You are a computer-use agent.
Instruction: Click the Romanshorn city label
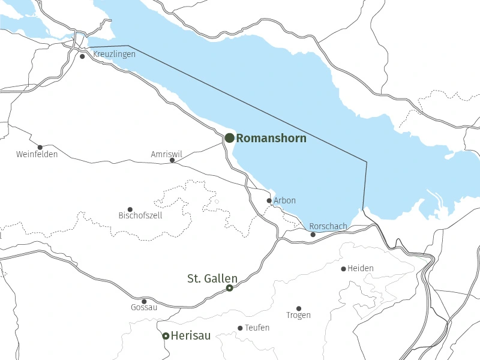tap(271, 139)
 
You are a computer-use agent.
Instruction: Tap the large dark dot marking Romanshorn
tap(230, 138)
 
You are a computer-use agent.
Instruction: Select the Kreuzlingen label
tap(114, 54)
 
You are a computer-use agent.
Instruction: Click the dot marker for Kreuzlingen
tap(82, 56)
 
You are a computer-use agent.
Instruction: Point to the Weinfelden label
tap(37, 155)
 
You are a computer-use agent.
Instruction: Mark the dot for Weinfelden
tap(40, 147)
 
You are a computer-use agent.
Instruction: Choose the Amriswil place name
tap(163, 154)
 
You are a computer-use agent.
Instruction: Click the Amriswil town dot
tap(172, 160)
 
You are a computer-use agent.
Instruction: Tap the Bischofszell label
tap(140, 215)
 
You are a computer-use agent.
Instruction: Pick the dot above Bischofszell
tap(130, 209)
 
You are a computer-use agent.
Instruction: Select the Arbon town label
tap(284, 200)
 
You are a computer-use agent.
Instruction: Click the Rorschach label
tap(328, 226)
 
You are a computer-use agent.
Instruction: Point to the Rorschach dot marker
tap(313, 235)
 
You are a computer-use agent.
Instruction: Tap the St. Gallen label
tap(212, 278)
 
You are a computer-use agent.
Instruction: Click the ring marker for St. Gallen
tap(229, 289)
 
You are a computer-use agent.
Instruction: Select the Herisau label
tap(191, 336)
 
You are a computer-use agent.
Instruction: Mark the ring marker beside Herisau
tap(166, 336)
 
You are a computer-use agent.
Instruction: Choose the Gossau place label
tap(144, 308)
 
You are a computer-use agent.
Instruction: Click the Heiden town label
tap(361, 268)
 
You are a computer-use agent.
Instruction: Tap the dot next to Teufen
tap(240, 328)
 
